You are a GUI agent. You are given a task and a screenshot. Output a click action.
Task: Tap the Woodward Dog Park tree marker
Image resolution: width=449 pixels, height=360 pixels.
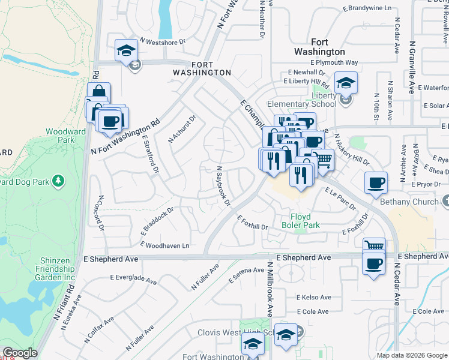pos(58,180)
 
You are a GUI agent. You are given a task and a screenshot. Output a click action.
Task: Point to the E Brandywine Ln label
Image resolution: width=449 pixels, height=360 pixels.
pos(367,8)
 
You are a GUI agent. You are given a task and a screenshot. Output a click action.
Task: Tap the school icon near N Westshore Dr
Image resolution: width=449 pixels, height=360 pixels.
pos(127,50)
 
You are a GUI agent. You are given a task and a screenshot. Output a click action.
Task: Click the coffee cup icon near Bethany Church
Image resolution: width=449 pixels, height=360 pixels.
pos(376,182)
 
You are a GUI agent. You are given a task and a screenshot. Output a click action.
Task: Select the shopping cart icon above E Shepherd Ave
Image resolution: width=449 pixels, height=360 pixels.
pos(374,245)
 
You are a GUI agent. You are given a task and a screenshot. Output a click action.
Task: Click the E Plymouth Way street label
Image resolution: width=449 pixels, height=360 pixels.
pos(334,62)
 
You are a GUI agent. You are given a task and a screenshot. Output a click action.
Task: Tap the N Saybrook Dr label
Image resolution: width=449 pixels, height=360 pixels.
pos(223,186)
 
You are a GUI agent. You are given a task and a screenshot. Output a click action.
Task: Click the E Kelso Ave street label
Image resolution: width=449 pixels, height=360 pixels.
pos(313,298)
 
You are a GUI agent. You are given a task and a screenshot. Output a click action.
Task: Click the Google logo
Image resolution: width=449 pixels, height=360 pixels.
pos(19,353)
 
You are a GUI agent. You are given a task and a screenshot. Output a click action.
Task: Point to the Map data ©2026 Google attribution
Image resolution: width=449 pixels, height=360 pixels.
pos(411,355)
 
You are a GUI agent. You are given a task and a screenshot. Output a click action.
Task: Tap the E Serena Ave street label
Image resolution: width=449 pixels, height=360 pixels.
pos(247,276)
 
